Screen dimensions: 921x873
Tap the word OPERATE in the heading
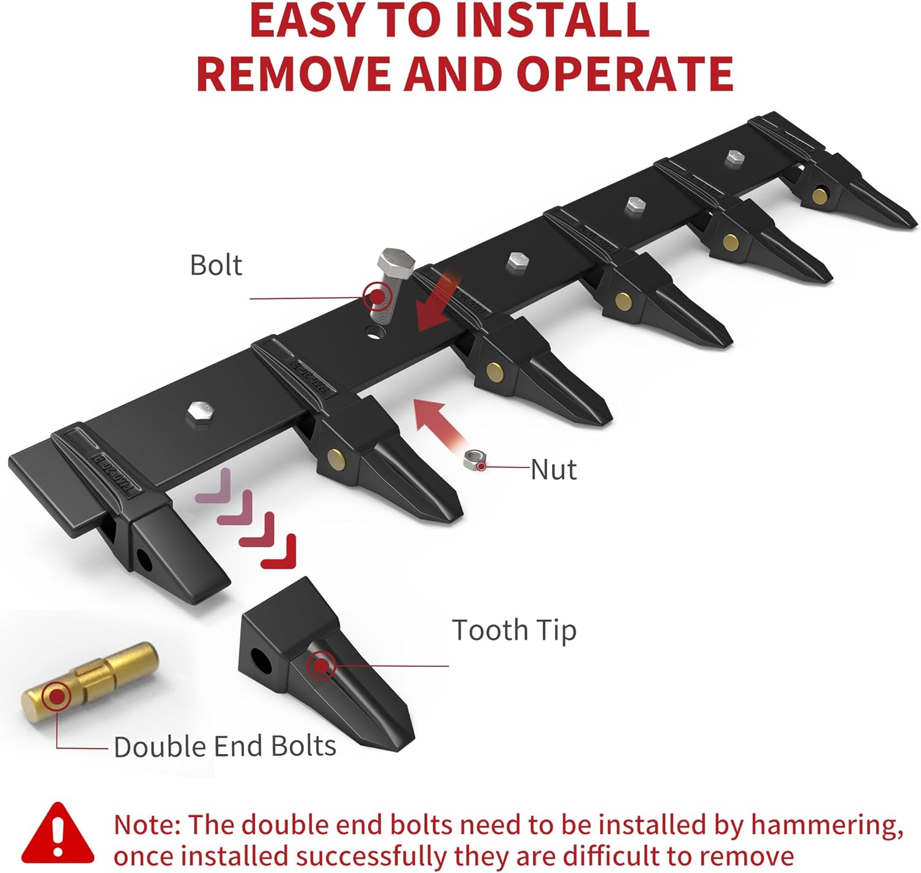click(625, 74)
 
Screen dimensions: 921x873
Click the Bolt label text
click(216, 266)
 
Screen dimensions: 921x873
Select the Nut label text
click(553, 469)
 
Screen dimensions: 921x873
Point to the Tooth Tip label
click(514, 630)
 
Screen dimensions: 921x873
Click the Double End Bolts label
click(225, 746)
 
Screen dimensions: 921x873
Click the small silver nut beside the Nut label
click(474, 460)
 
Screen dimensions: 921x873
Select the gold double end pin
click(90, 682)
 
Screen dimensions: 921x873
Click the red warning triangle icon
click(57, 834)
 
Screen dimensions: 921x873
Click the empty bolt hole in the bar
click(375, 333)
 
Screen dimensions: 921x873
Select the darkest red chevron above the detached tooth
click(278, 552)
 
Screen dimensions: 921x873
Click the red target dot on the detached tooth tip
click(321, 666)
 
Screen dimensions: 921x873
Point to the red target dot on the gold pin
click(56, 696)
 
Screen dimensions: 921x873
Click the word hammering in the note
click(827, 825)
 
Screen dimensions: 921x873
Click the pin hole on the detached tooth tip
click(261, 661)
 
